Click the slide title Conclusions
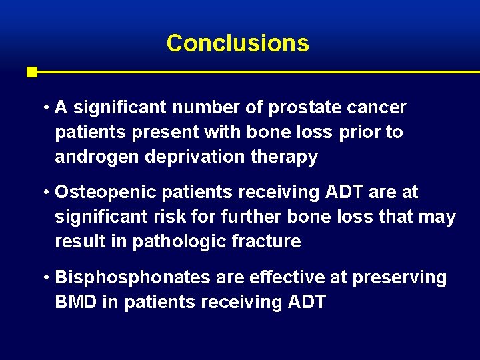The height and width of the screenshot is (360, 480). pyautogui.click(x=237, y=43)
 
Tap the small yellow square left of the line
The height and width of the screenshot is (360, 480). pyautogui.click(x=31, y=72)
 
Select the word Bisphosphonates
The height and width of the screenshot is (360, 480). pyautogui.click(x=119, y=277)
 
